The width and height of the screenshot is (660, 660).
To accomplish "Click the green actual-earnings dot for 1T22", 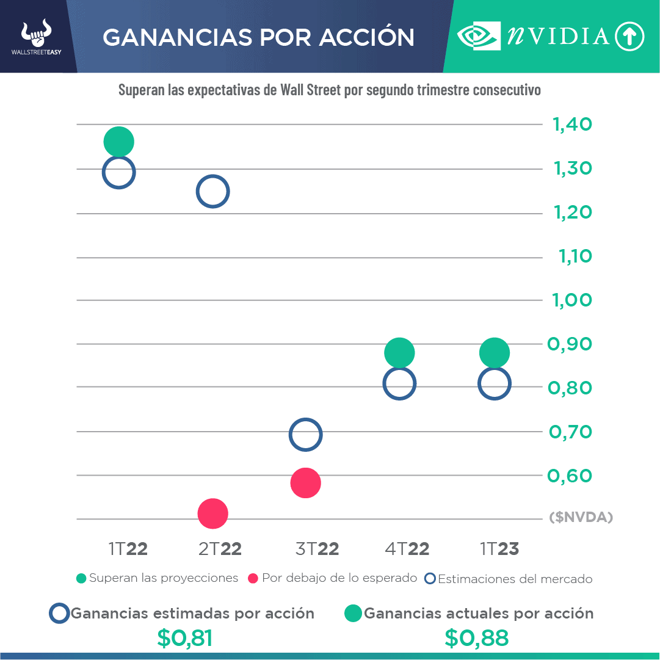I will point(118,142).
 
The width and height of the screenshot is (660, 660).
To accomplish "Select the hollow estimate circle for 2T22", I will point(212,191).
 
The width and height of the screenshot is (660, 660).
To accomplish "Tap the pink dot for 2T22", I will point(212,513).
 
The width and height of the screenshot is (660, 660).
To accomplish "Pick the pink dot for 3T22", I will point(305,483).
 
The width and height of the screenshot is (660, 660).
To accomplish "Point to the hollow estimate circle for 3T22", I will point(305,435).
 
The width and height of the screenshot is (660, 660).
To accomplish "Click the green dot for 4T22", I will point(399,352).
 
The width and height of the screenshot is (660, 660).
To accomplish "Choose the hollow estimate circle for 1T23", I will point(494,383).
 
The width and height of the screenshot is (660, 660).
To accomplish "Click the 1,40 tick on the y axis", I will point(572,125).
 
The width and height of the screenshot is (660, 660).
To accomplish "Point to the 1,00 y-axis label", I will point(572,300).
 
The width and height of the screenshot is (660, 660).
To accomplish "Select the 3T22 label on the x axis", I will point(317,549).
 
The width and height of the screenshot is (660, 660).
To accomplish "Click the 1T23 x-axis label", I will point(499,549).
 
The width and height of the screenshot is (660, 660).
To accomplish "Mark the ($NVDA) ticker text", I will point(581,518).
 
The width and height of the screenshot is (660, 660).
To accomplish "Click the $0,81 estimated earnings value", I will point(184,638).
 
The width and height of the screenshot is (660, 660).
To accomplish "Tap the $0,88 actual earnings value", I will point(476,638).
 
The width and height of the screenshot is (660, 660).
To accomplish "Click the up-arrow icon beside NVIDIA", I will point(629,37).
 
